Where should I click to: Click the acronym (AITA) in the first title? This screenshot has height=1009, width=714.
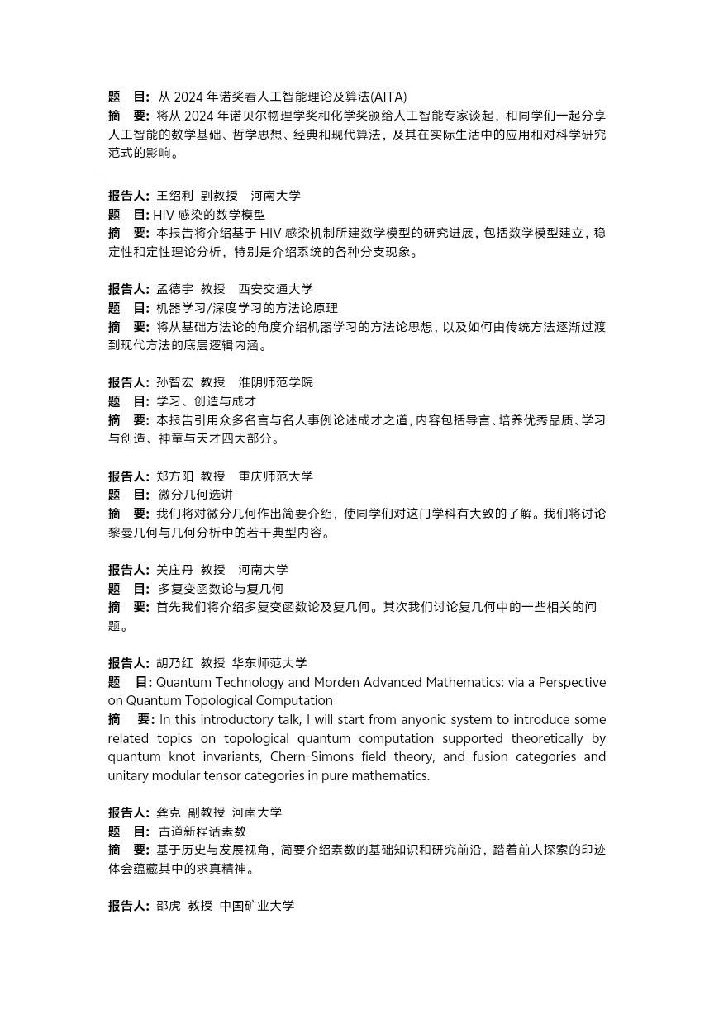tap(388, 97)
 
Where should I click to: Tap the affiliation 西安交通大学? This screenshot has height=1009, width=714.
tap(276, 289)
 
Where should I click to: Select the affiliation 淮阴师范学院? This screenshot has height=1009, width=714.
tap(276, 382)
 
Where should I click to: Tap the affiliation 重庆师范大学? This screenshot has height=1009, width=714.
tap(276, 476)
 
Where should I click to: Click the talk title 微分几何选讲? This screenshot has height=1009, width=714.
tap(195, 495)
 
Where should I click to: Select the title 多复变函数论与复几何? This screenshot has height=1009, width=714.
tap(221, 589)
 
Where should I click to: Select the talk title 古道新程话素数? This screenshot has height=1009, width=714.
tap(202, 831)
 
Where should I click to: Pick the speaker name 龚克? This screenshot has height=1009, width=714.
tap(168, 812)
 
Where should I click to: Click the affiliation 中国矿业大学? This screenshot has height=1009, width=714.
tap(257, 906)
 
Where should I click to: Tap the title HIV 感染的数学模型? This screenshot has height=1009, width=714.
tap(209, 215)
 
